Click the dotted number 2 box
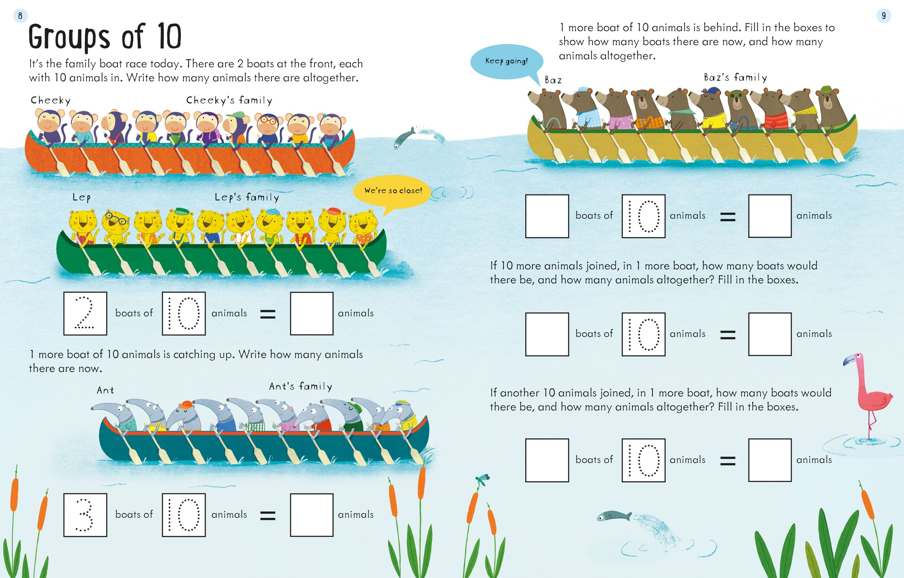pos(85,313)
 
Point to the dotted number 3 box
pos(85,515)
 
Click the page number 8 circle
pos(20,16)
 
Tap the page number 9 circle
pos(884,16)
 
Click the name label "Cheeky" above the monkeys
pos(51,100)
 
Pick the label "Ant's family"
pos(301,386)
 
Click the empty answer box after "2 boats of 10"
pos(312,313)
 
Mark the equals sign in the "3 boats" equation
pos(268,516)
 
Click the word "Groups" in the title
pos(69,37)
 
